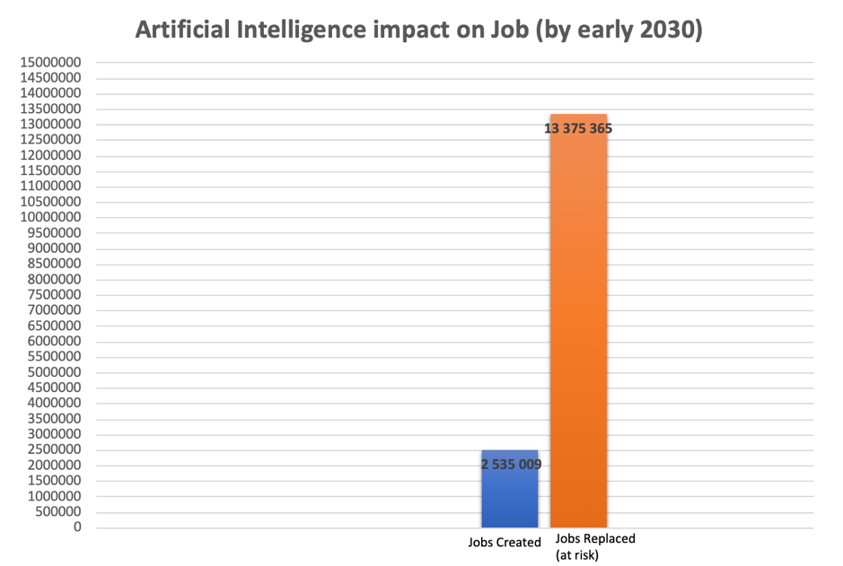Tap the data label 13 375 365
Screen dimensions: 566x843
coord(578,128)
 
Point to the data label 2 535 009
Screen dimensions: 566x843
coord(511,465)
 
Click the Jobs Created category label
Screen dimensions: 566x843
coord(505,543)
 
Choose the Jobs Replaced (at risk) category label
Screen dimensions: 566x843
coord(594,546)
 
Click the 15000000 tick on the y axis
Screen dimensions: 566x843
coord(50,63)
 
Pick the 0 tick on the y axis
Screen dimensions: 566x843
coord(78,527)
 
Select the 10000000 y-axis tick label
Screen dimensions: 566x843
coord(50,218)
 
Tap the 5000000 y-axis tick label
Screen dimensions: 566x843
coord(54,372)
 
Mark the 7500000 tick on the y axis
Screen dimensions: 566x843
coord(54,295)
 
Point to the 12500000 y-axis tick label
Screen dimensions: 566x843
coord(50,140)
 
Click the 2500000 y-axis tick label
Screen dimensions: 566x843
coord(54,450)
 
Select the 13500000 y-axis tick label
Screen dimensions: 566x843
coord(50,109)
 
